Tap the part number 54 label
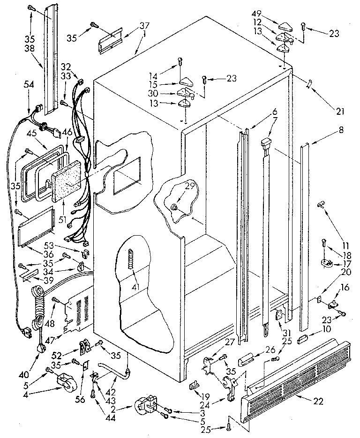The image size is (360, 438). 29,84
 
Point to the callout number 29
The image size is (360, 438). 189,186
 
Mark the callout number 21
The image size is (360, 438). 340,111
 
